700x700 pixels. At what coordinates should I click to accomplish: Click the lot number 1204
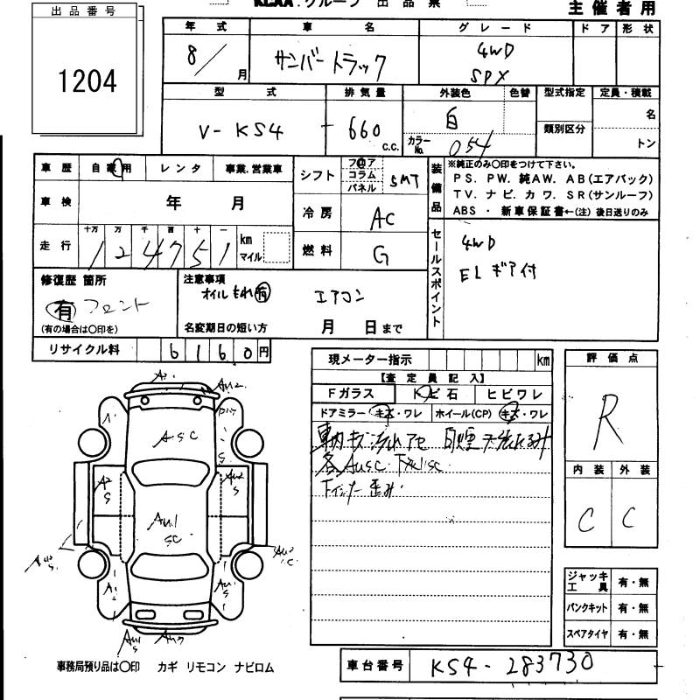click(87, 81)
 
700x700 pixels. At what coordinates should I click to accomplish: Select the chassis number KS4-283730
click(511, 666)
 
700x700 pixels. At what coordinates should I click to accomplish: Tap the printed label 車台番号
click(374, 667)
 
